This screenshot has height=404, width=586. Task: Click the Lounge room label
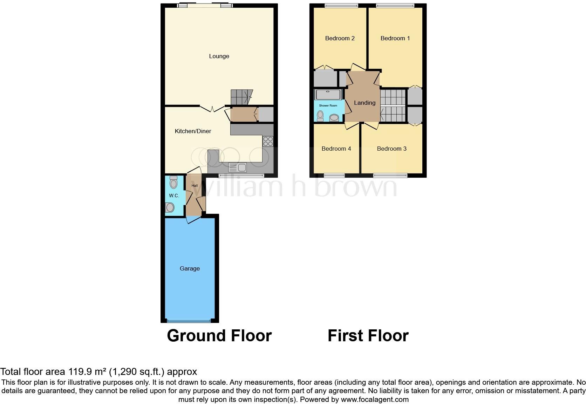219,56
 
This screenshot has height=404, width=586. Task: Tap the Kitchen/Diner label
193,131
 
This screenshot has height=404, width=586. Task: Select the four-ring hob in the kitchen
268,141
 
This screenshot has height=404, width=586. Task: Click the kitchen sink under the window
237,167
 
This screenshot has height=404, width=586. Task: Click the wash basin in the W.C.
170,207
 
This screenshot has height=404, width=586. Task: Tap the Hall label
195,186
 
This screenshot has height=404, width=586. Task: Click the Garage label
190,268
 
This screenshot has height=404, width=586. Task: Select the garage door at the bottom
189,320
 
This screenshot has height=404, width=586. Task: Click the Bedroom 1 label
395,38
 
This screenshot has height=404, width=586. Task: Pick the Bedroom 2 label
340,38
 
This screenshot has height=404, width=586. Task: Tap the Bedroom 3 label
391,149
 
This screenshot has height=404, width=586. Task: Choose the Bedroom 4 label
336,149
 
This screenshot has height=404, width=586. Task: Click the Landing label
364,103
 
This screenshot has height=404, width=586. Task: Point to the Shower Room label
328,105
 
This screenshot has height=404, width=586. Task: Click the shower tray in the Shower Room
328,95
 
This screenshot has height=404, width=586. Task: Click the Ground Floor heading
219,335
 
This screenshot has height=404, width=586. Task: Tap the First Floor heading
368,335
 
